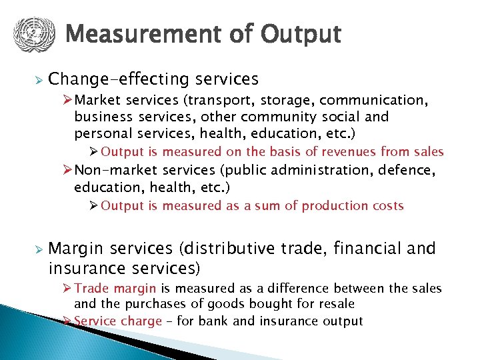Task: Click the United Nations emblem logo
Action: point(32,34)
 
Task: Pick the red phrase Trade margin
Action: point(115,289)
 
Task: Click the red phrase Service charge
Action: point(118,321)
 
